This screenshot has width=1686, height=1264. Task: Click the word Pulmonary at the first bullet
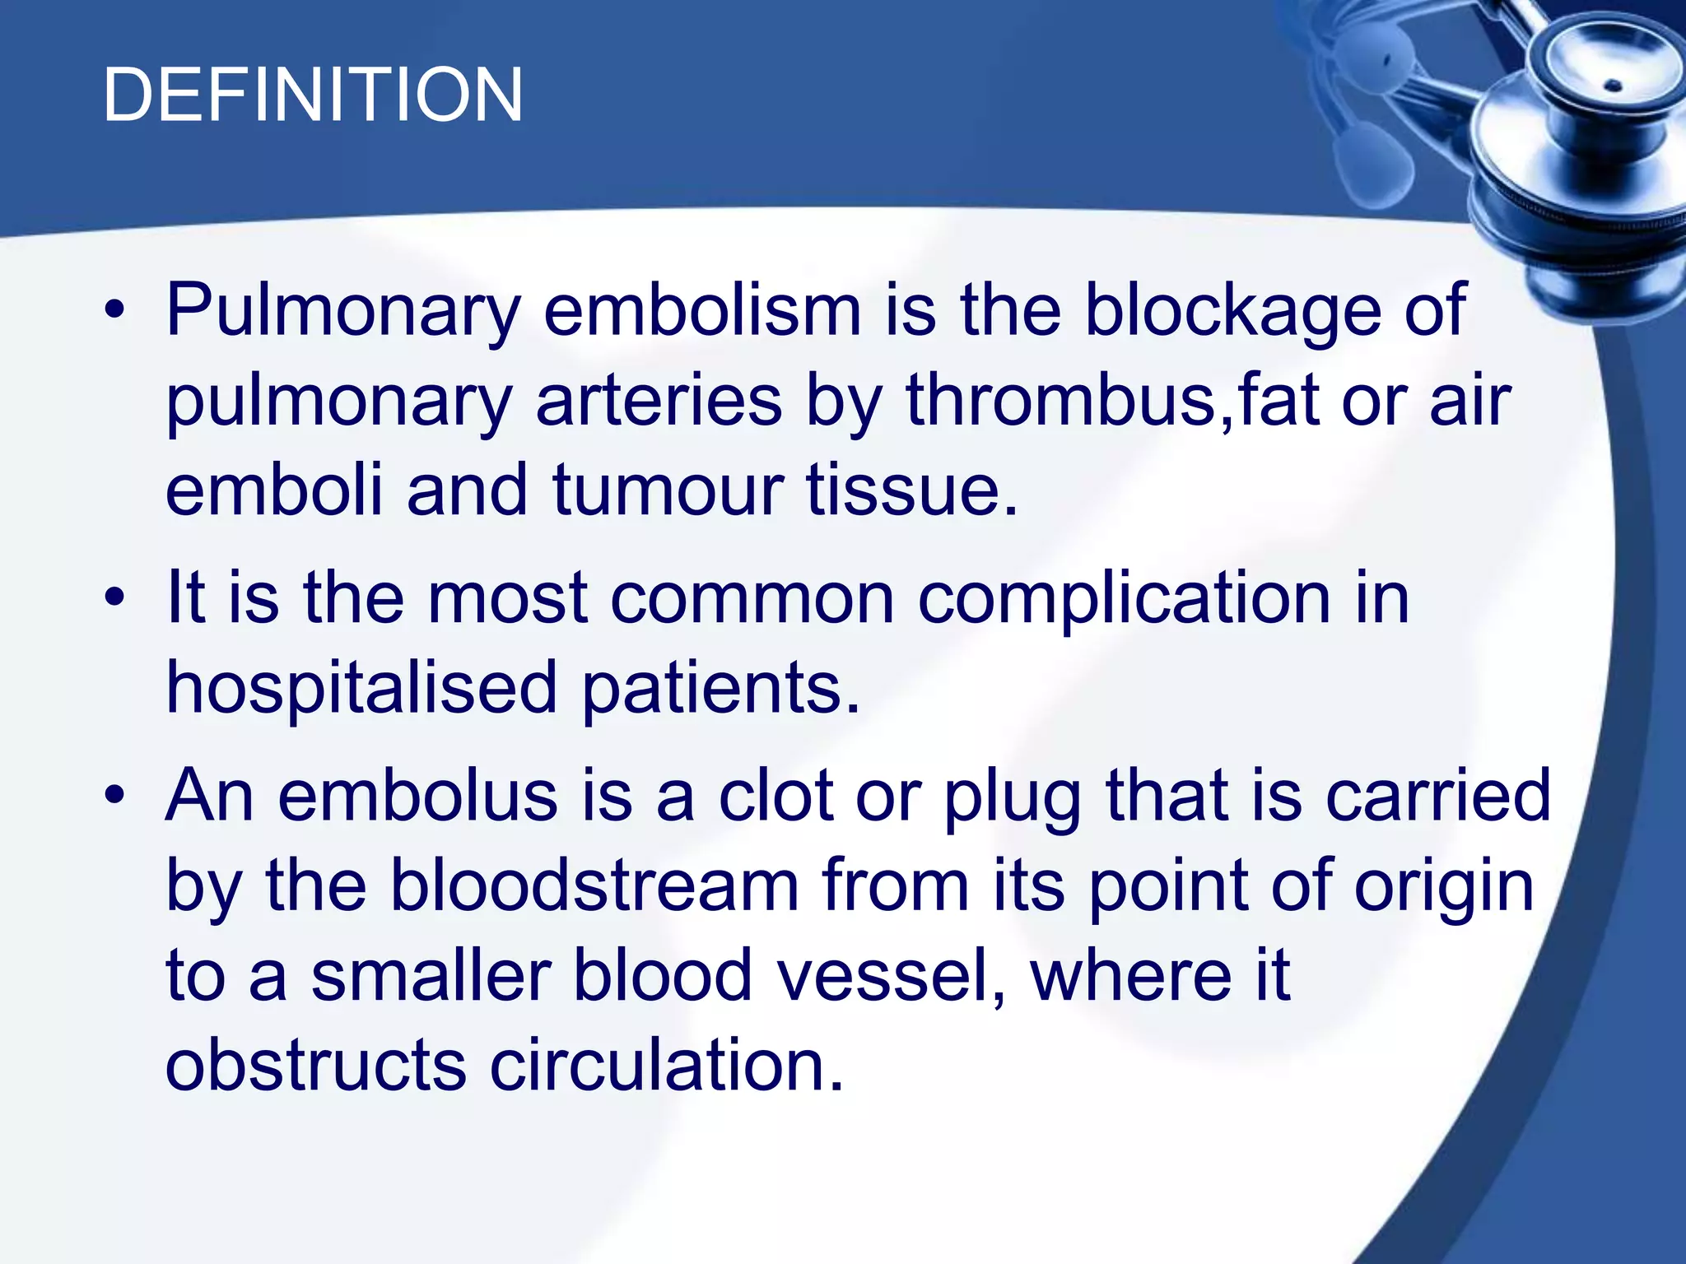click(x=343, y=311)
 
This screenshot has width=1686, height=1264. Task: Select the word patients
click(x=721, y=688)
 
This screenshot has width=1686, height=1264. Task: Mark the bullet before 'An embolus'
click(x=115, y=794)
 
